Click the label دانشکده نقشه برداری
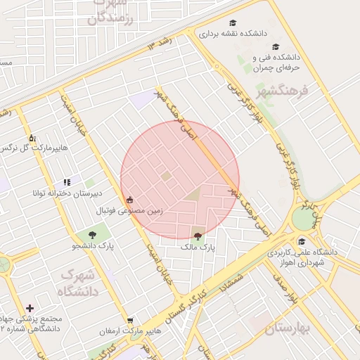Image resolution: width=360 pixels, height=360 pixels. click(226, 33)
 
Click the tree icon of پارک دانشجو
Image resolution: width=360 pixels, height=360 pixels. click(93, 234)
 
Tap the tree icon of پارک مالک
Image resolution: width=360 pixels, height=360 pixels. click(198, 237)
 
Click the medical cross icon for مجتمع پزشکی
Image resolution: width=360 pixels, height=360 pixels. click(30, 308)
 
